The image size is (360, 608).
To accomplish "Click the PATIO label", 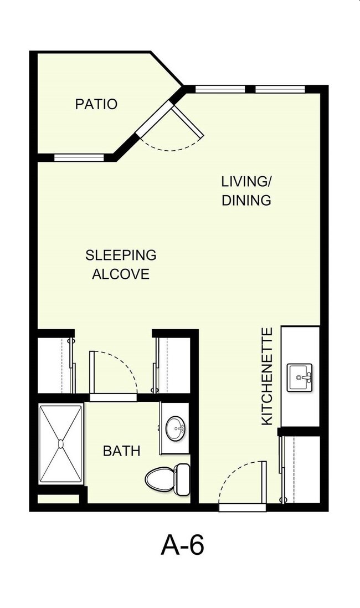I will [x=96, y=104].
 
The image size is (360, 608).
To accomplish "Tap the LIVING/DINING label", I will [x=246, y=191].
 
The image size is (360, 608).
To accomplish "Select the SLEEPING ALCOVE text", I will [x=121, y=264].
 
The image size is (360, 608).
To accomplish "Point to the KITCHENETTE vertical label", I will [x=267, y=376].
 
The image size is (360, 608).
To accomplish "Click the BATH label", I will [x=121, y=451].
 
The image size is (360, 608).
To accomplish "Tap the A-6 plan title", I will [x=183, y=545].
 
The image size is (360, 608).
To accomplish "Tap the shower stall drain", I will [x=61, y=443].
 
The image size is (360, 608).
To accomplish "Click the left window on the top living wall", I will [x=220, y=89].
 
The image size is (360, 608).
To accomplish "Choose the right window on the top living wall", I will [x=280, y=89].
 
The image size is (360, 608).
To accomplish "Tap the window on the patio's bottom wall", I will [x=79, y=157].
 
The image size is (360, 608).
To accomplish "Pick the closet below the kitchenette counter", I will [x=301, y=470].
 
